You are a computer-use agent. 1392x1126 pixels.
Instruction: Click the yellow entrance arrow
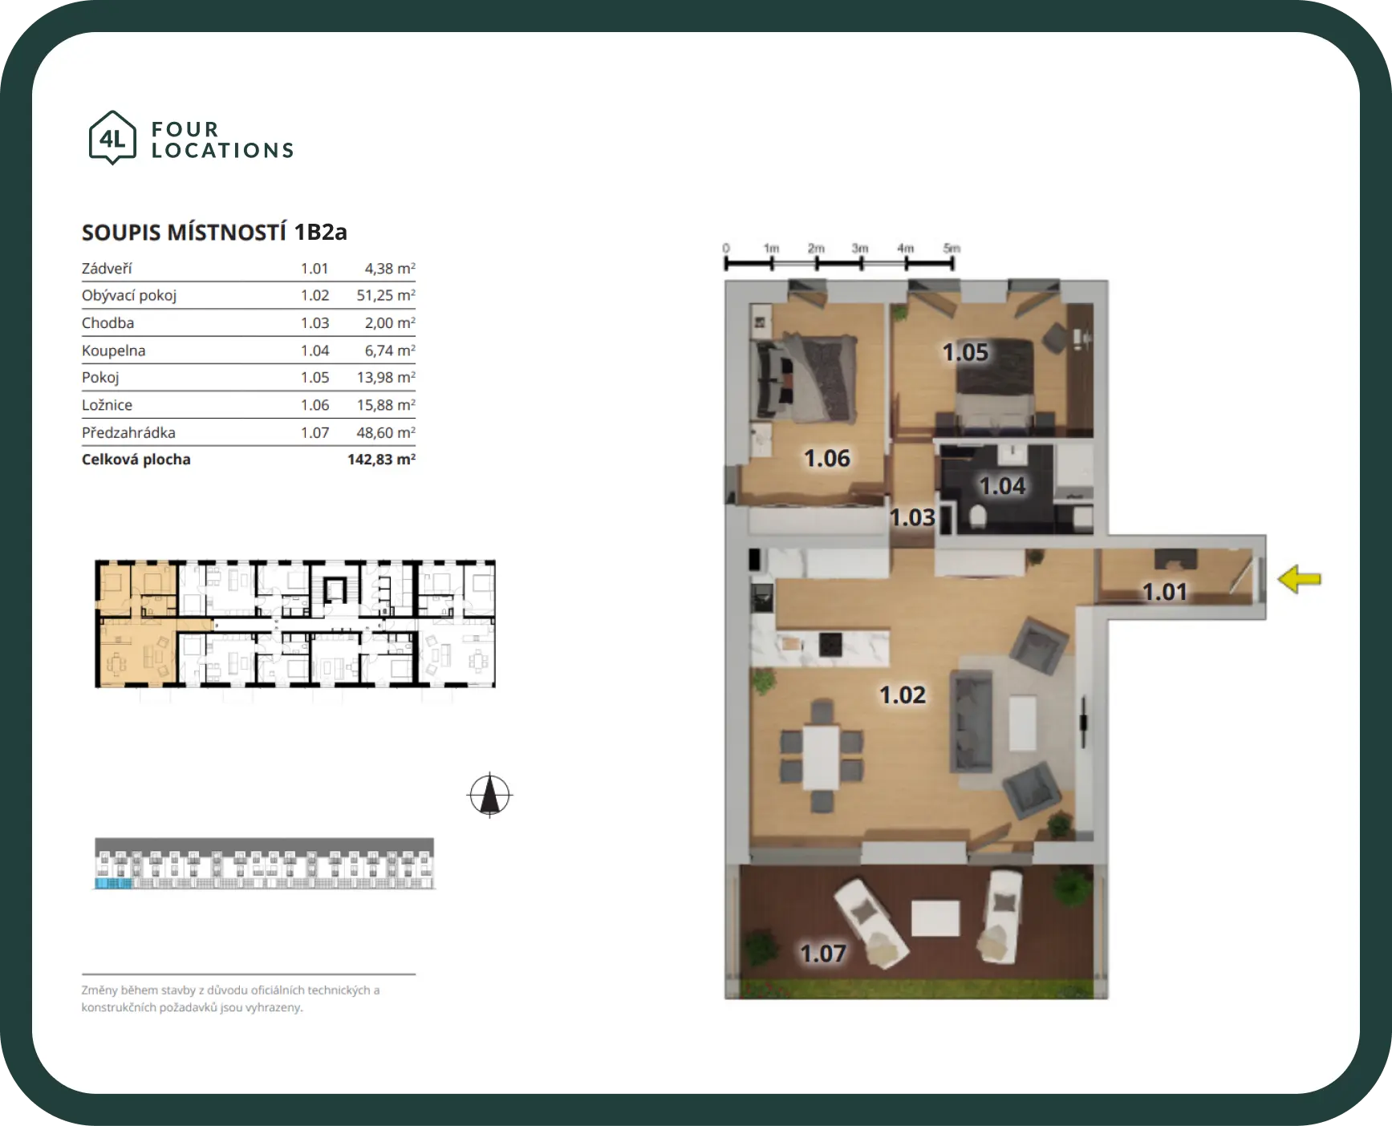[x=1299, y=579]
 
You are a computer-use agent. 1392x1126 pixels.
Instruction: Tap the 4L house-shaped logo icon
[x=112, y=138]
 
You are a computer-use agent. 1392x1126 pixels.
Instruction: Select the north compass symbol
[x=489, y=796]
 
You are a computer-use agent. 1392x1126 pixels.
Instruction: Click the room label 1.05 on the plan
[x=965, y=352]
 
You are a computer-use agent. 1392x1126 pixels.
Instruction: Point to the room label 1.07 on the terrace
[x=823, y=954]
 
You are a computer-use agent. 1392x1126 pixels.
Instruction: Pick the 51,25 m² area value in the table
[x=386, y=295]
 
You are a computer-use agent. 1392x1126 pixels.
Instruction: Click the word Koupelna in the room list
[x=113, y=350]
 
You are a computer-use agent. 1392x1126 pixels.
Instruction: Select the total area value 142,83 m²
[x=381, y=460]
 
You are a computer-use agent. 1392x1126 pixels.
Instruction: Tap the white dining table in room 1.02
[x=822, y=757]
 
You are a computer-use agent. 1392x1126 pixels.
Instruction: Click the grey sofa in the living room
[x=972, y=720]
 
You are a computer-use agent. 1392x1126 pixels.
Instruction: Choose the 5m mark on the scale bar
[x=952, y=249]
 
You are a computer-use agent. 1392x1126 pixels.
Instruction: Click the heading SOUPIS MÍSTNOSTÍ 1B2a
[x=214, y=233]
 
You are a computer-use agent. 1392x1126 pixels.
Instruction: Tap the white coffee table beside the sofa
[x=1021, y=723]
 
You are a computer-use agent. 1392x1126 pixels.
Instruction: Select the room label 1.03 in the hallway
[x=913, y=518]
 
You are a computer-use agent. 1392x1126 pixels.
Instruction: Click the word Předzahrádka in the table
[x=128, y=432]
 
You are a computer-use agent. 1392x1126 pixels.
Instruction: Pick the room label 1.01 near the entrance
[x=1164, y=592]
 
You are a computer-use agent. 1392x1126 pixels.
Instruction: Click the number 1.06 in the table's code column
[x=315, y=405]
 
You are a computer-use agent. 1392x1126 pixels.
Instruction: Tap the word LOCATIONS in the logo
[x=223, y=151]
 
